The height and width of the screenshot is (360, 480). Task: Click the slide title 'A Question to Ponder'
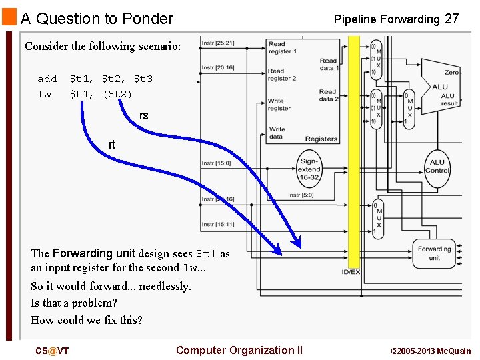(x=97, y=19)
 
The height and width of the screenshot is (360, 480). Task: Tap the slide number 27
(x=451, y=19)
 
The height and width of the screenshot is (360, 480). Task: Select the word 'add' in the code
(x=47, y=79)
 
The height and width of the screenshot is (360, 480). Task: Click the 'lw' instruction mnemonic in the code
(x=44, y=94)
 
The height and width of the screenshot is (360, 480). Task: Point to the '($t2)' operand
(x=117, y=94)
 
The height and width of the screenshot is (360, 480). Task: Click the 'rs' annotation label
(x=144, y=116)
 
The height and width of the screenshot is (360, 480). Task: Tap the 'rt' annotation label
(x=112, y=145)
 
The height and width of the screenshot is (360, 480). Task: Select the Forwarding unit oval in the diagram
(x=434, y=253)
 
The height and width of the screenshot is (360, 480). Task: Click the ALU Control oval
(x=437, y=166)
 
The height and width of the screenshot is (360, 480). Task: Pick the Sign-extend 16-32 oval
(x=309, y=169)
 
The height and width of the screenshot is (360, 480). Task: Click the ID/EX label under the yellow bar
(x=351, y=272)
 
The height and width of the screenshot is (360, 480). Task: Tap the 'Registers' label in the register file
(x=321, y=139)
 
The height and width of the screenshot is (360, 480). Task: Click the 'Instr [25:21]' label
(x=217, y=43)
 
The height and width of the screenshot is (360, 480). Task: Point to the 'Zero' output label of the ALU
(x=451, y=72)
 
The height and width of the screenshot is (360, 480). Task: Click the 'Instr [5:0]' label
(x=301, y=195)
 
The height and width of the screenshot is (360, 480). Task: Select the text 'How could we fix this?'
(x=86, y=320)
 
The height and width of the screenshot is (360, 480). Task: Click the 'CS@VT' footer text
(x=52, y=351)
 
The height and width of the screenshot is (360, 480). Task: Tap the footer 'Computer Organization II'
(x=239, y=350)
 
